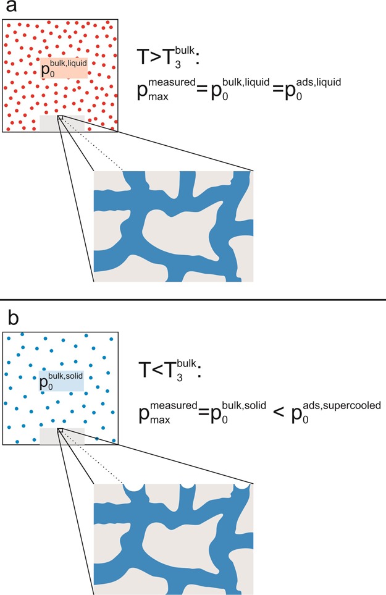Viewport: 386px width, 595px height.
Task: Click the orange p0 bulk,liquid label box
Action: (64, 67)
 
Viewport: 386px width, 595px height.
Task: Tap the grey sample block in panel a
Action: (62, 123)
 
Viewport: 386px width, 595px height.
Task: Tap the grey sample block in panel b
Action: (62, 436)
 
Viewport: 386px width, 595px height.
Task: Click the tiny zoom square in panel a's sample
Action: (60, 117)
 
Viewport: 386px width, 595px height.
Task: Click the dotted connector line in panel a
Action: (93, 144)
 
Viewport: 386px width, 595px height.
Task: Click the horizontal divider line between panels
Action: (193, 300)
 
